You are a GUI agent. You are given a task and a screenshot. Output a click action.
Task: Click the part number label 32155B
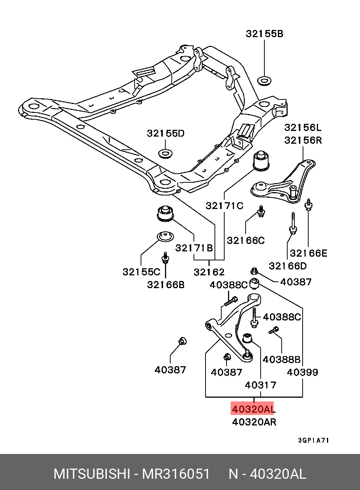click(x=264, y=34)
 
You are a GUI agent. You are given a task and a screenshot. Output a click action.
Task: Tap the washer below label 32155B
click(x=264, y=81)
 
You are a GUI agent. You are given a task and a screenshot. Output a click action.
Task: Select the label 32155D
click(x=166, y=133)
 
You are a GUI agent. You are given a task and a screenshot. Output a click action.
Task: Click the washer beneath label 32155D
click(x=165, y=153)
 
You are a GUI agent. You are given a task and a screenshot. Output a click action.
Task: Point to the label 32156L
click(x=303, y=127)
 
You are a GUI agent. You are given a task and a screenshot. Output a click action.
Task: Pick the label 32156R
click(x=303, y=140)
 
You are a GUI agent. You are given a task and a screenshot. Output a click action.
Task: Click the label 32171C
click(x=225, y=206)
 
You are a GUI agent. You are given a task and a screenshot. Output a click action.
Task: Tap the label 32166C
click(x=246, y=240)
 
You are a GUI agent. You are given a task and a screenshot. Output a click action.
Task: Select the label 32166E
click(x=309, y=253)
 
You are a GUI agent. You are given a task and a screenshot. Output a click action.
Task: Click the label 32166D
click(x=288, y=266)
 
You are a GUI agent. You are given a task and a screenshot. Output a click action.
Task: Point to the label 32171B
click(x=194, y=248)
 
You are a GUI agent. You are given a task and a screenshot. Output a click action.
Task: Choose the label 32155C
click(x=141, y=272)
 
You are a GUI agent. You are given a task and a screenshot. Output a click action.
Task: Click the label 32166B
click(x=166, y=285)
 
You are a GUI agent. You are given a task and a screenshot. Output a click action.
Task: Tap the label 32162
click(x=209, y=272)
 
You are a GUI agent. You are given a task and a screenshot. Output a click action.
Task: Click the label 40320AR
click(x=254, y=422)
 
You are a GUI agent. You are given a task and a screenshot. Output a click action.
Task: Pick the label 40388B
click(x=282, y=359)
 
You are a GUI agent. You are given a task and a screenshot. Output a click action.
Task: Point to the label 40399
click(x=303, y=372)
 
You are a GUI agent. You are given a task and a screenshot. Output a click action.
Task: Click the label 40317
click(x=261, y=385)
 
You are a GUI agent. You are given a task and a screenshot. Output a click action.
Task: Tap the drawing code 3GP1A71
click(x=313, y=440)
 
